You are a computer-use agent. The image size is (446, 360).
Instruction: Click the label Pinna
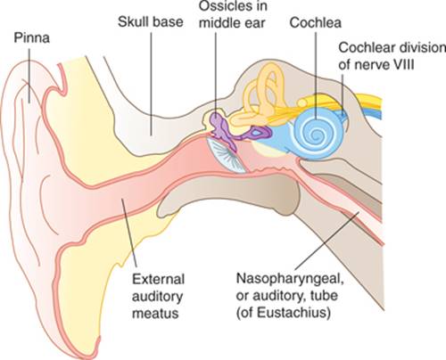tap(31, 38)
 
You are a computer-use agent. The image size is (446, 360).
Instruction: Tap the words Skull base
tap(150, 22)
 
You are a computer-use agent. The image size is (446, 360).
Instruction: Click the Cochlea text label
tap(315, 22)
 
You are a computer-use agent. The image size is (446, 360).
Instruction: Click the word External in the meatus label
tap(158, 280)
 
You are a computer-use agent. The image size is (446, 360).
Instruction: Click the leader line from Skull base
tap(151, 84)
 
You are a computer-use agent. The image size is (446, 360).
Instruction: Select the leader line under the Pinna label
tap(29, 76)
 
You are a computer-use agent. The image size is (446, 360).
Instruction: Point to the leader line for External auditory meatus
tap(129, 233)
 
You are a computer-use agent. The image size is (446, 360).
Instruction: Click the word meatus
tap(155, 314)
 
